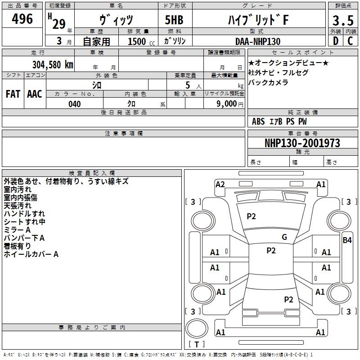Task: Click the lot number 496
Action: (22, 18)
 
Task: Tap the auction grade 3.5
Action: (343, 20)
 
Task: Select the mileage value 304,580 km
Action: (53, 65)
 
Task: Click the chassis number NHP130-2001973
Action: (302, 143)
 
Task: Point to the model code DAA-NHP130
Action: (258, 41)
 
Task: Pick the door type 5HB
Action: (174, 20)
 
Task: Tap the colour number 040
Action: (75, 104)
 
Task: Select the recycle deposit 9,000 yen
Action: (230, 104)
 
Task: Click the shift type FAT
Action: (13, 94)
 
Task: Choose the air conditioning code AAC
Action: (35, 94)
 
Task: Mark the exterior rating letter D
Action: (336, 41)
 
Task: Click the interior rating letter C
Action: (350, 41)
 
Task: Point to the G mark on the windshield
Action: (284, 237)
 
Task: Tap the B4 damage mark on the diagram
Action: (347, 240)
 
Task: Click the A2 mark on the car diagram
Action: (220, 184)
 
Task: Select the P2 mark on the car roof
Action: (271, 251)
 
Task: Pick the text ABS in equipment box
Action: (258, 121)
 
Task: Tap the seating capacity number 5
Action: (188, 85)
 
